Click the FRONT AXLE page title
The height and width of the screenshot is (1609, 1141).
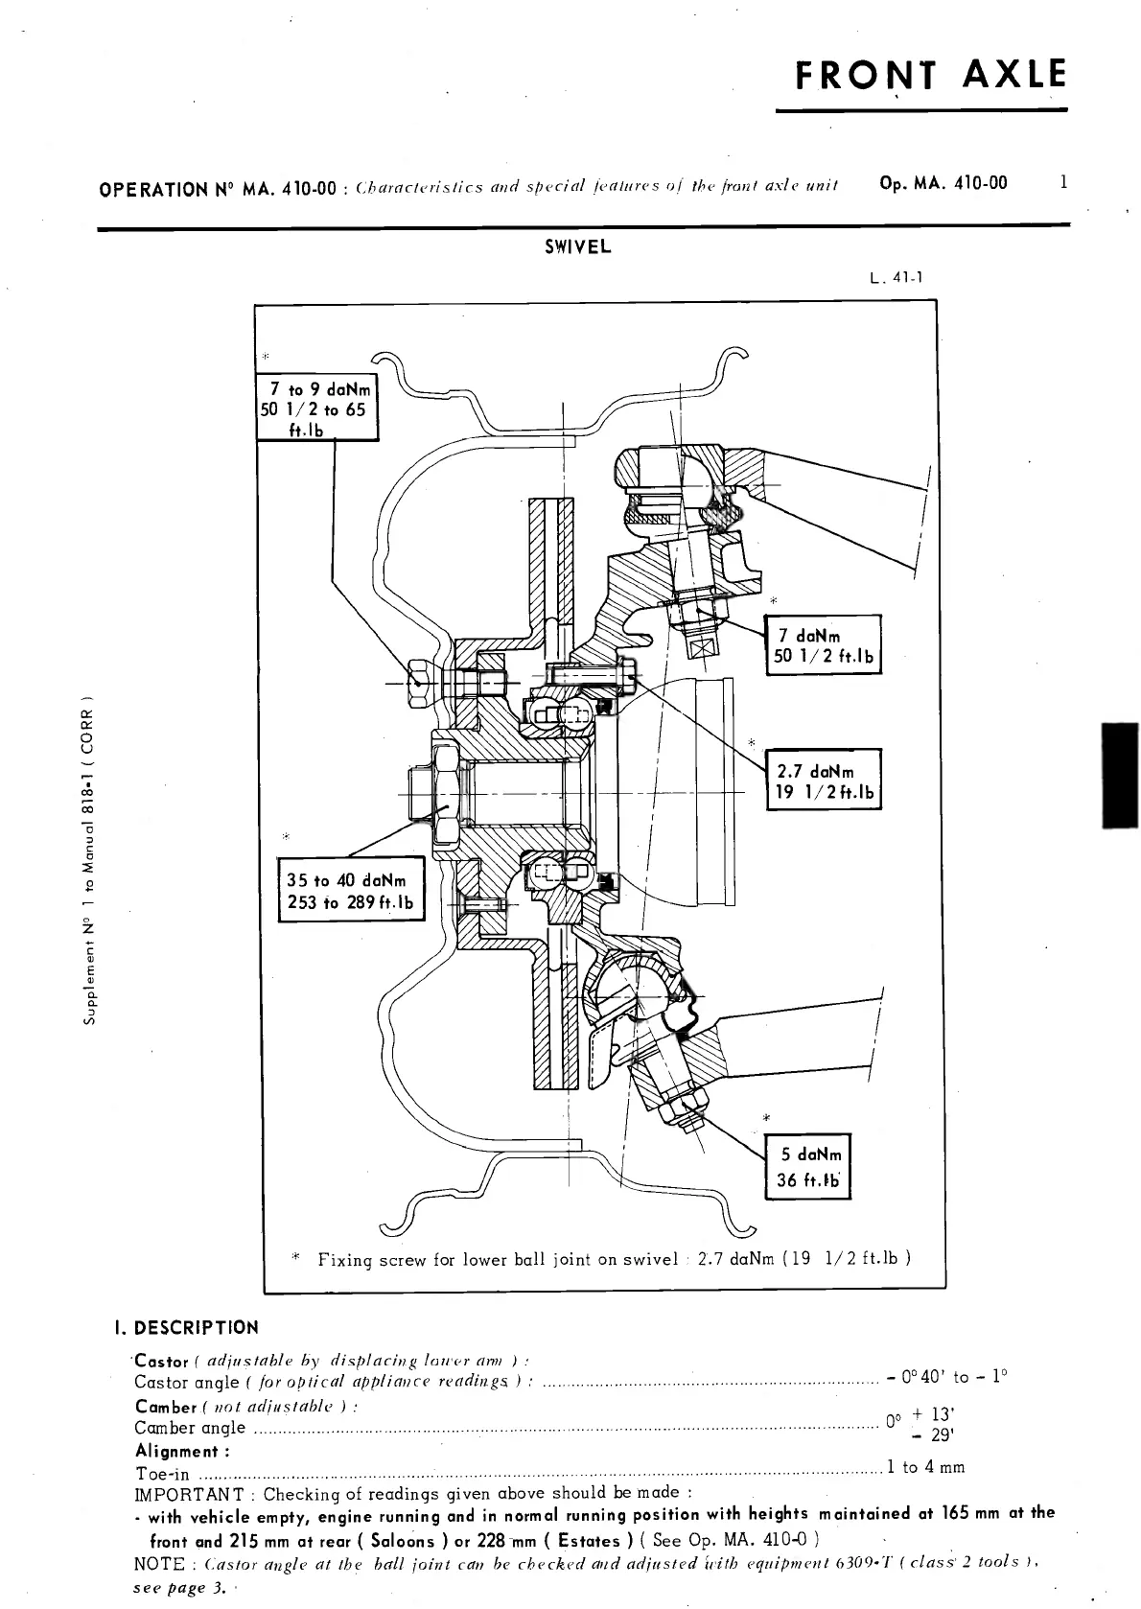930,76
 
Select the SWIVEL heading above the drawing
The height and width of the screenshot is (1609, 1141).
577,247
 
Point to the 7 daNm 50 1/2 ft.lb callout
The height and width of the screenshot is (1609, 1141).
823,645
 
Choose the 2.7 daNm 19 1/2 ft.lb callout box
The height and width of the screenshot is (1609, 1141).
823,781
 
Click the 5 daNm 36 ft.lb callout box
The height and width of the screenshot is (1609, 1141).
807,1167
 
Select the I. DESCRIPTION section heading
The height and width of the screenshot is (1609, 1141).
186,1328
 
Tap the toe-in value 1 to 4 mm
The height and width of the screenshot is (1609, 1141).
925,1467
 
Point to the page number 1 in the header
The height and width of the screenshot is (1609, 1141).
1063,182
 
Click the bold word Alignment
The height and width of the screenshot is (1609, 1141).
176,1452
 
